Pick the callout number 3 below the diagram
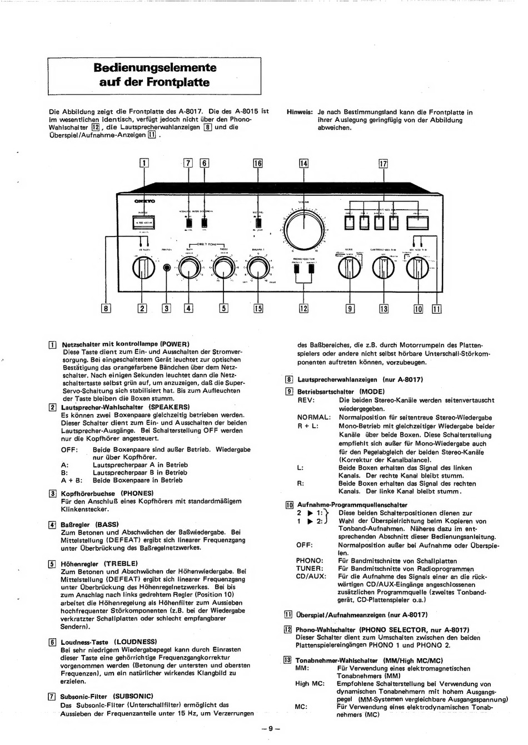coord(166,309)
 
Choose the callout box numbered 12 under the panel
coord(303,309)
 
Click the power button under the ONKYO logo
coord(143,223)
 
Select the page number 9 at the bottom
coord(270,729)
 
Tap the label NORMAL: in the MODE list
coord(314,417)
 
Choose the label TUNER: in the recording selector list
coord(310,569)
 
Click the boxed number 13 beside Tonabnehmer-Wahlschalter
coord(287,660)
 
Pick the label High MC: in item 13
coord(310,684)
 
